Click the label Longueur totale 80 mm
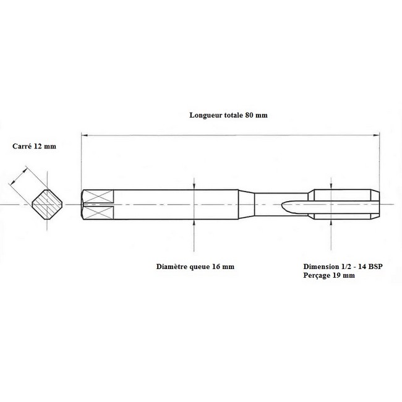[x=228, y=115]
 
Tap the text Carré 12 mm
[x=34, y=146]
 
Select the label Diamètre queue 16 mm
[x=195, y=267]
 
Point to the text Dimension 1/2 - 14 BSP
[x=343, y=267]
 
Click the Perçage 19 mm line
[x=329, y=275]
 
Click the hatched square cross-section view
[x=47, y=204]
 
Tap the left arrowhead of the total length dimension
[x=84, y=135]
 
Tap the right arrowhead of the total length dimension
[x=376, y=135]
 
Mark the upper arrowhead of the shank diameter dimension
[x=194, y=186]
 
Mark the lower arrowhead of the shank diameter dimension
[x=194, y=223]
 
